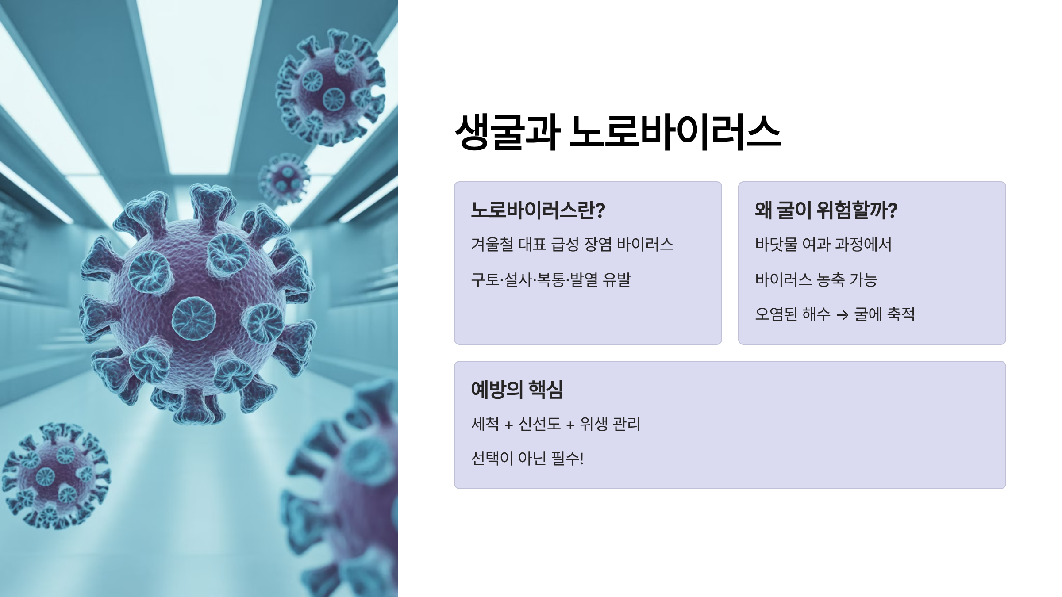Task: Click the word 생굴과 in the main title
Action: (508, 132)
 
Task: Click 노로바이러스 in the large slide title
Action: (675, 132)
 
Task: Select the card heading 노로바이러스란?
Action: (538, 210)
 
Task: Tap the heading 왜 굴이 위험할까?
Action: (826, 210)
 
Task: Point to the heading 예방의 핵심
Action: (516, 390)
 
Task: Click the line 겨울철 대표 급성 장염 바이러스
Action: (572, 244)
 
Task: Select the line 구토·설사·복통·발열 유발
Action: (551, 279)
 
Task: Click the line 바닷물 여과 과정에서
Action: (823, 244)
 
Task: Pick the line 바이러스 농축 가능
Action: (816, 279)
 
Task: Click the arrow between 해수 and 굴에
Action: (842, 315)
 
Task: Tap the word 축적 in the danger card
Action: (901, 314)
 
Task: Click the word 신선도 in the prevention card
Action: (539, 424)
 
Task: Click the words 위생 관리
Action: (610, 424)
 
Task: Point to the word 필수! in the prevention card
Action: (567, 459)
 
